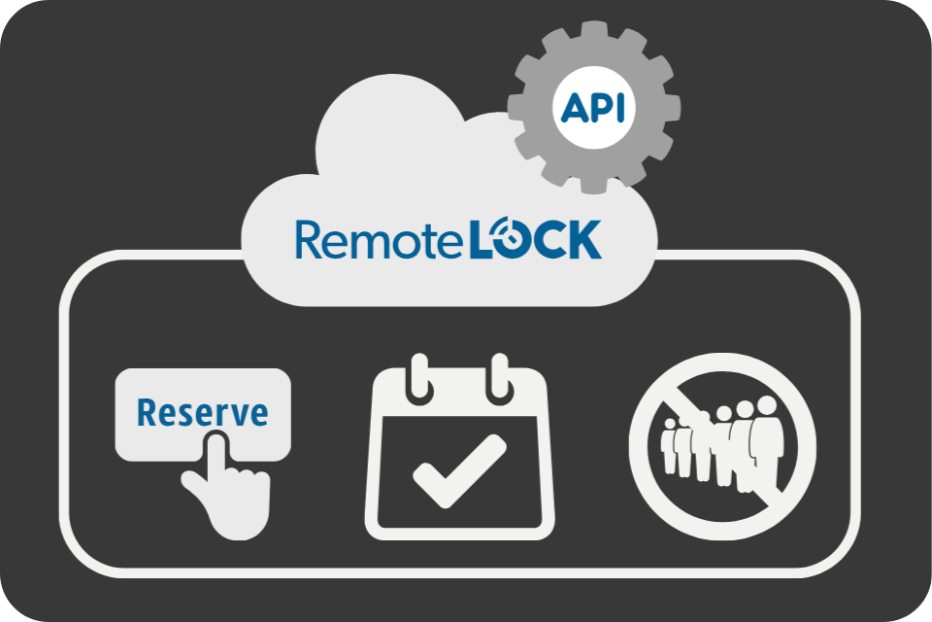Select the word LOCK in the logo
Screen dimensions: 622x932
[535, 240]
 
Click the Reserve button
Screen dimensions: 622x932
[202, 413]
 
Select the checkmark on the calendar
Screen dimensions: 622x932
[459, 469]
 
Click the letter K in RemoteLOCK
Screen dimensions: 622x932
[582, 240]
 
